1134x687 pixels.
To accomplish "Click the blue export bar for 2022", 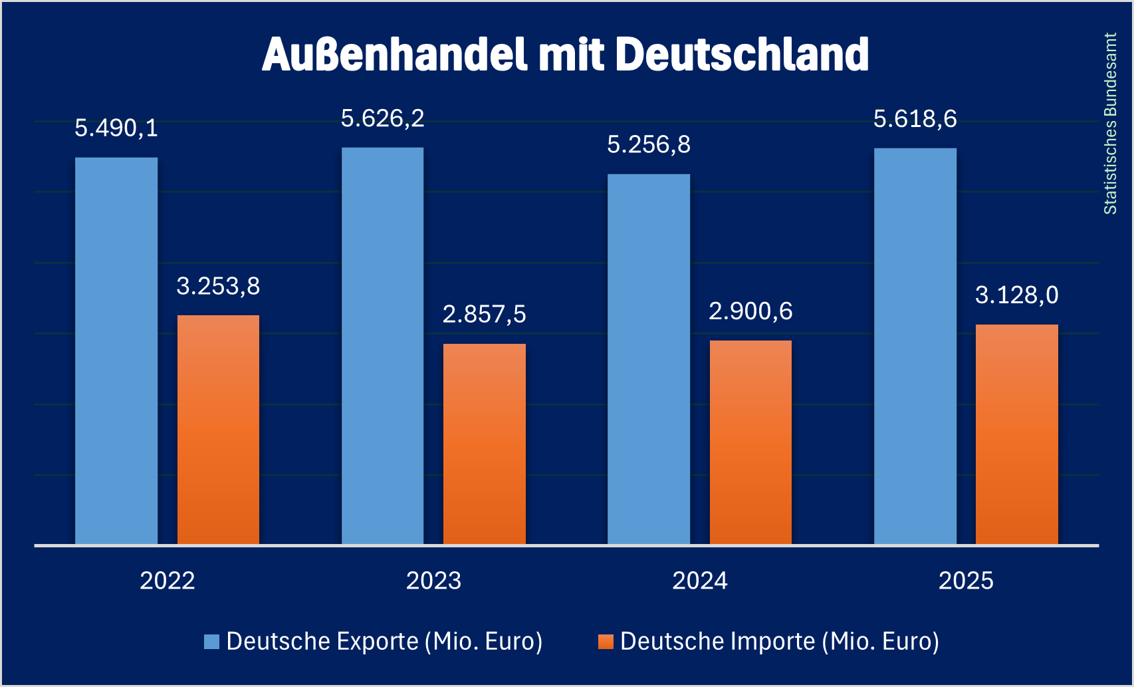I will tap(116, 351).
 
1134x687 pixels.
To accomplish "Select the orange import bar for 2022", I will tap(218, 430).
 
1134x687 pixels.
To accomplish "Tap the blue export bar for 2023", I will tap(382, 346).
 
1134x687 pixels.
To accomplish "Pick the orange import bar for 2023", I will tap(485, 444).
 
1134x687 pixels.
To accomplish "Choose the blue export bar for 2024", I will tap(649, 359).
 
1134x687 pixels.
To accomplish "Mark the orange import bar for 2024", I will tap(750, 442).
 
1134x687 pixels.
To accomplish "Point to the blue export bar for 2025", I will tap(915, 346).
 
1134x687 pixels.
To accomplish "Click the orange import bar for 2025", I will tap(1017, 434).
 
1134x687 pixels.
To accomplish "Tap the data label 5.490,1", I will tap(116, 128).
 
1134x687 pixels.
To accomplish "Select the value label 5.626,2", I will tap(382, 118).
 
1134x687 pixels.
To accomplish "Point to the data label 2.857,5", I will tap(485, 314).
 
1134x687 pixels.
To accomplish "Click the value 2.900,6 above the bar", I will tap(750, 311).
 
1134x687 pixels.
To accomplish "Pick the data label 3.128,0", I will tap(1017, 295).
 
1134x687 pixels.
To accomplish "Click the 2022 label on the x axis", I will tap(168, 581).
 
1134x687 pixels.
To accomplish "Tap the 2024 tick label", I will tap(700, 581).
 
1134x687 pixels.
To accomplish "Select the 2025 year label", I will tap(966, 581).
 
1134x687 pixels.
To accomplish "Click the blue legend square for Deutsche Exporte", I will tap(211, 642).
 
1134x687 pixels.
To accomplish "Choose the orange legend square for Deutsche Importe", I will tap(606, 642).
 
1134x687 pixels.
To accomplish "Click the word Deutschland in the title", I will tap(742, 55).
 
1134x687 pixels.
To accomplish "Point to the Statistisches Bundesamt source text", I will tap(1110, 124).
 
